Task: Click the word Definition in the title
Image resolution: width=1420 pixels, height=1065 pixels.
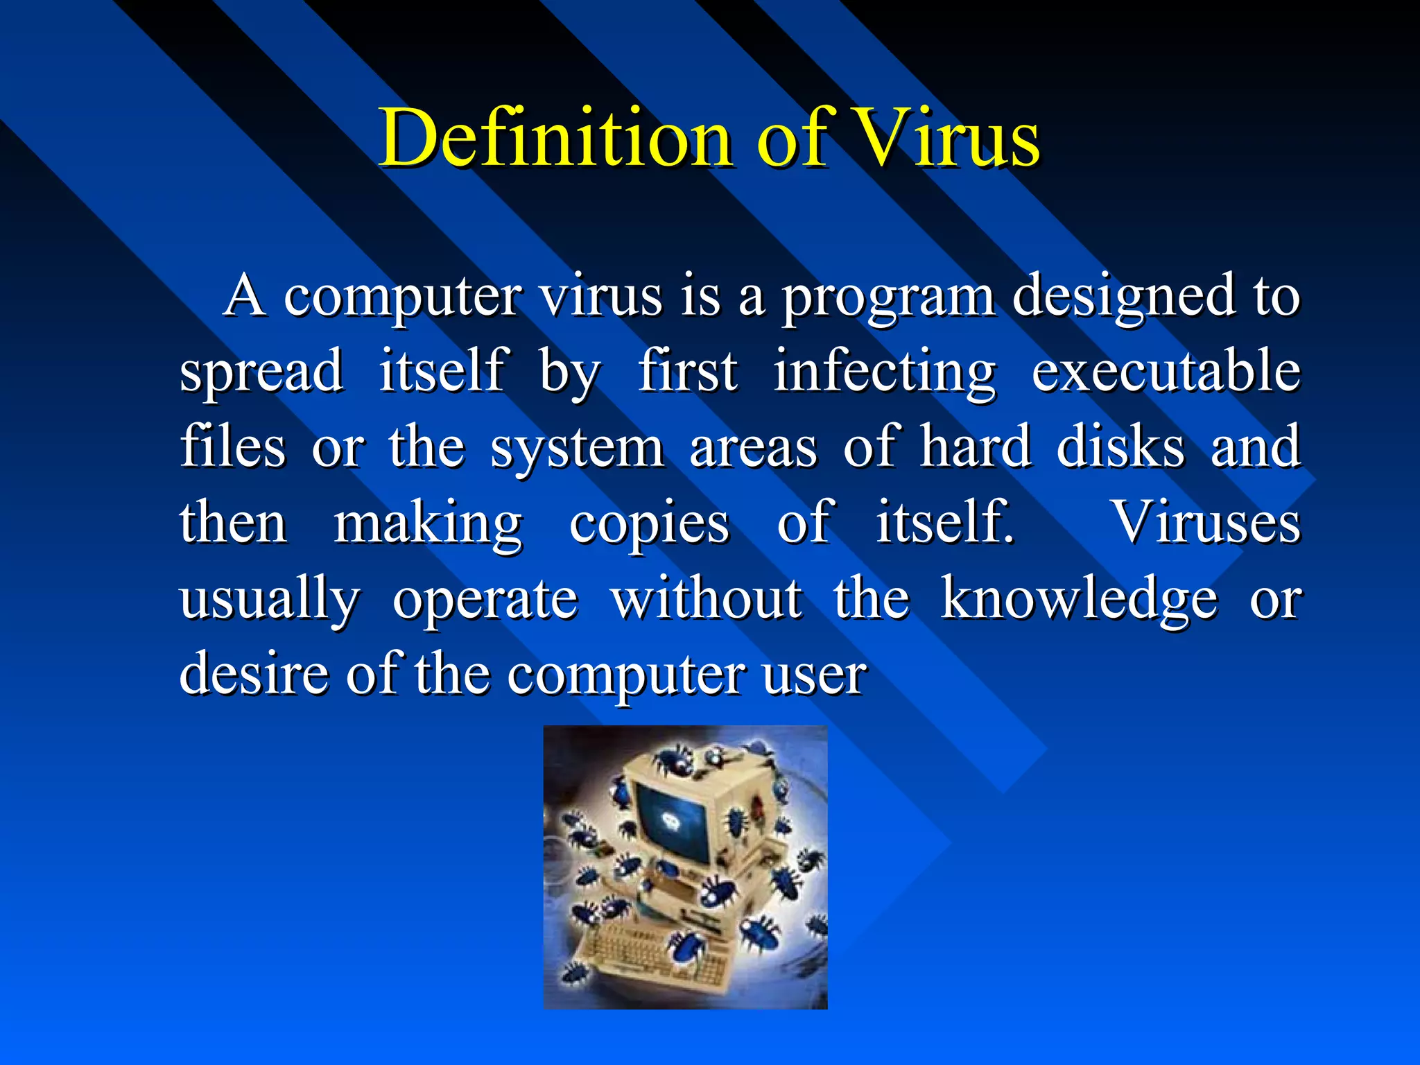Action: [555, 139]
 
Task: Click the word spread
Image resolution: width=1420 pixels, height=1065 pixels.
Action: [261, 373]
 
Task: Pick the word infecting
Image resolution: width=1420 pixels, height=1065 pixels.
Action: [885, 373]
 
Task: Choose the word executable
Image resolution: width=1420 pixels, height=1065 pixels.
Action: [1166, 372]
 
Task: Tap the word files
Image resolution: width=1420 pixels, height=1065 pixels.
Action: [232, 447]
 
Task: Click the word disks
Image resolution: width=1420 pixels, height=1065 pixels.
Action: [1120, 447]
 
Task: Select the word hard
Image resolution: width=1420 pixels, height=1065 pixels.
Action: [975, 447]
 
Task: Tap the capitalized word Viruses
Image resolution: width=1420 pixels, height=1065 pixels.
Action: [1206, 523]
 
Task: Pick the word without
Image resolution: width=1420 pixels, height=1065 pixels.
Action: [707, 599]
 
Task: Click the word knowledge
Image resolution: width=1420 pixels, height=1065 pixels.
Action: [1079, 600]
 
